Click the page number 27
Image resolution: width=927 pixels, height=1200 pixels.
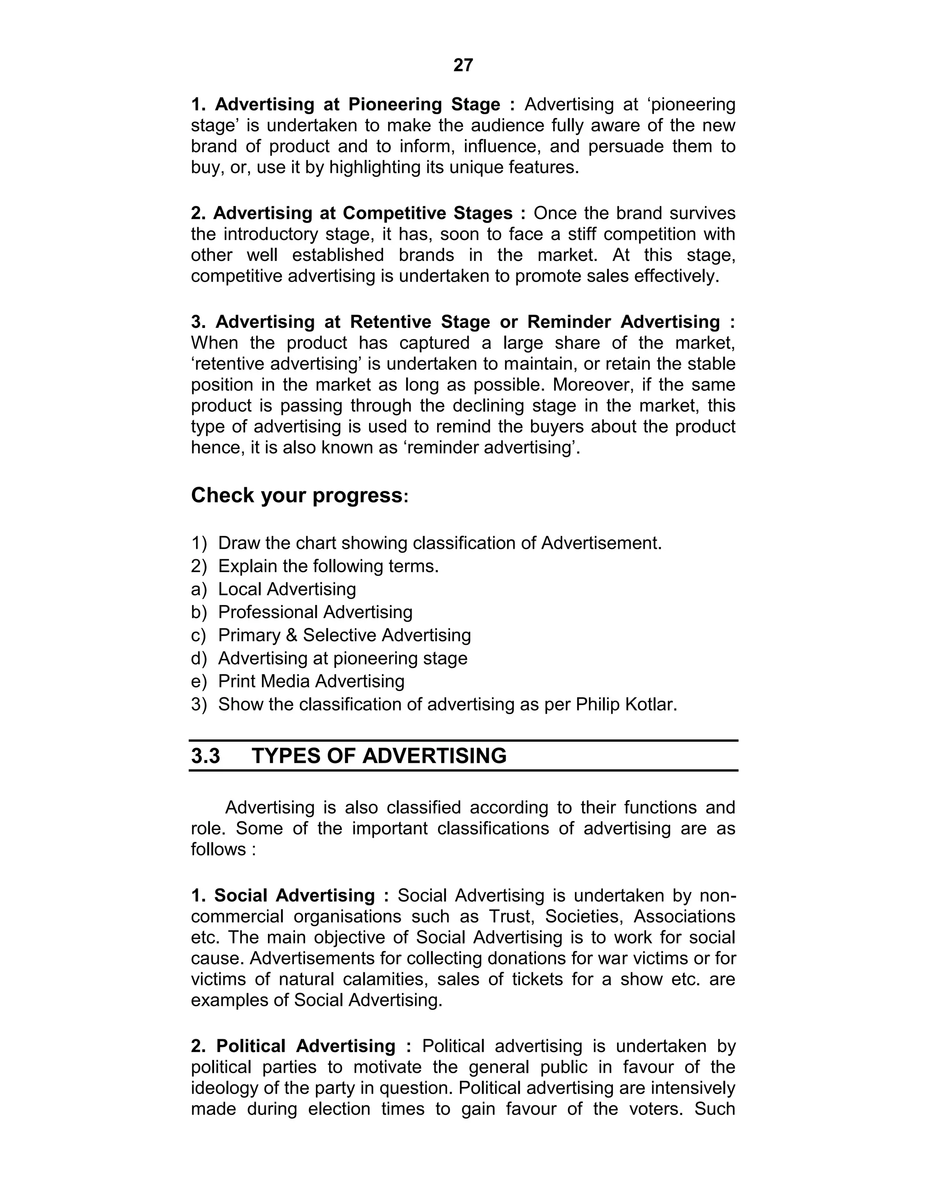click(x=463, y=65)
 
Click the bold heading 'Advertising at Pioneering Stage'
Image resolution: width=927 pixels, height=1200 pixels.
click(x=357, y=105)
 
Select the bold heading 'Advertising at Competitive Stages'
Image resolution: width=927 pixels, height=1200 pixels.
click(x=363, y=213)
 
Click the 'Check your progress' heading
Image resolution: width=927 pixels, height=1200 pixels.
click(x=297, y=495)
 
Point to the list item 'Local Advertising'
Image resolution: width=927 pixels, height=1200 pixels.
click(x=287, y=589)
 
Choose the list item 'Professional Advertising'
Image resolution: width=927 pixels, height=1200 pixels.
click(x=315, y=612)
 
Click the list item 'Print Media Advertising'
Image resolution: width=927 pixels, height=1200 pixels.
click(x=311, y=682)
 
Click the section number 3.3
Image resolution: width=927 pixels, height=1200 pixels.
click(x=205, y=756)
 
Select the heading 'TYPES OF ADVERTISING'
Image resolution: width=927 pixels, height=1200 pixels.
click(x=379, y=756)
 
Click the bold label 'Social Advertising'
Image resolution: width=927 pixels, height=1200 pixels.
click(x=294, y=896)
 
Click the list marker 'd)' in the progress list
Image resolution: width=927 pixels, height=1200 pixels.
click(x=199, y=658)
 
